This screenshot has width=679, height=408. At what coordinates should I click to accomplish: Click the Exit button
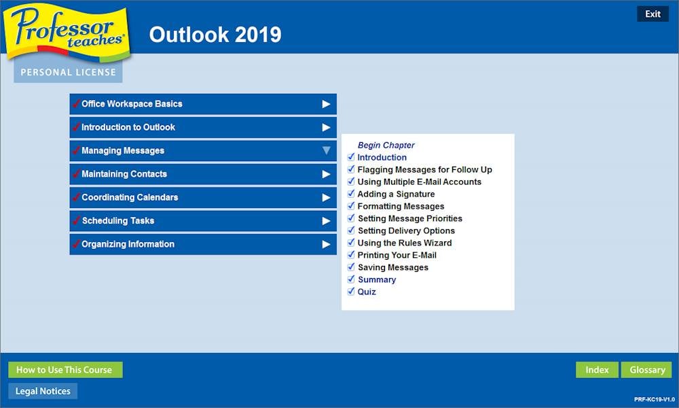point(653,14)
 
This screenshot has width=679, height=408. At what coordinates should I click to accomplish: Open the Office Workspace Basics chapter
point(203,104)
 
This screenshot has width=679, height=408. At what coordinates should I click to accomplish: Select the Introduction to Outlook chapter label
point(128,127)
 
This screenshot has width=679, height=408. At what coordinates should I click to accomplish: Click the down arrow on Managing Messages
point(326,150)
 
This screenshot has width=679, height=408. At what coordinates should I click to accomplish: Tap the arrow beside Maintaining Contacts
point(326,174)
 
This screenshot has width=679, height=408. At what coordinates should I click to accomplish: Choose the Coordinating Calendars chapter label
point(130,197)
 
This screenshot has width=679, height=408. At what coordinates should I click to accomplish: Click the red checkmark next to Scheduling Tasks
point(77,220)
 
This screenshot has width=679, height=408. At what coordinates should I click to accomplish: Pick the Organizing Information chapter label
point(128,244)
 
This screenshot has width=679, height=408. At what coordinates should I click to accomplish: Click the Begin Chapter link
point(386,146)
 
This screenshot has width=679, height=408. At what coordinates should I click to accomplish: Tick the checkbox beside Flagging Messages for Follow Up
point(351,169)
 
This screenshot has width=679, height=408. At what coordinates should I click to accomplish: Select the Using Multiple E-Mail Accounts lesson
point(419,182)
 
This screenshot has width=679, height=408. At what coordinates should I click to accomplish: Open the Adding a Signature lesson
point(396,194)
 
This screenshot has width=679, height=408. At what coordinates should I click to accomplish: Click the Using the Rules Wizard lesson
point(405,243)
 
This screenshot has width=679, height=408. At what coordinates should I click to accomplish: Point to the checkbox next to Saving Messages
point(351,267)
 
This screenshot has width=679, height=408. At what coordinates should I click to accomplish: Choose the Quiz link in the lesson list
point(367,292)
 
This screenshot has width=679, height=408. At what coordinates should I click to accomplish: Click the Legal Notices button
point(43,391)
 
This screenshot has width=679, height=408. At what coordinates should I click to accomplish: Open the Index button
point(597,370)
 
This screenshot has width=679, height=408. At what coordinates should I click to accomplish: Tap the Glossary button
point(647,370)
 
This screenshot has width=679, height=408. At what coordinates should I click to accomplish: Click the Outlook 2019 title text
point(215,35)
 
